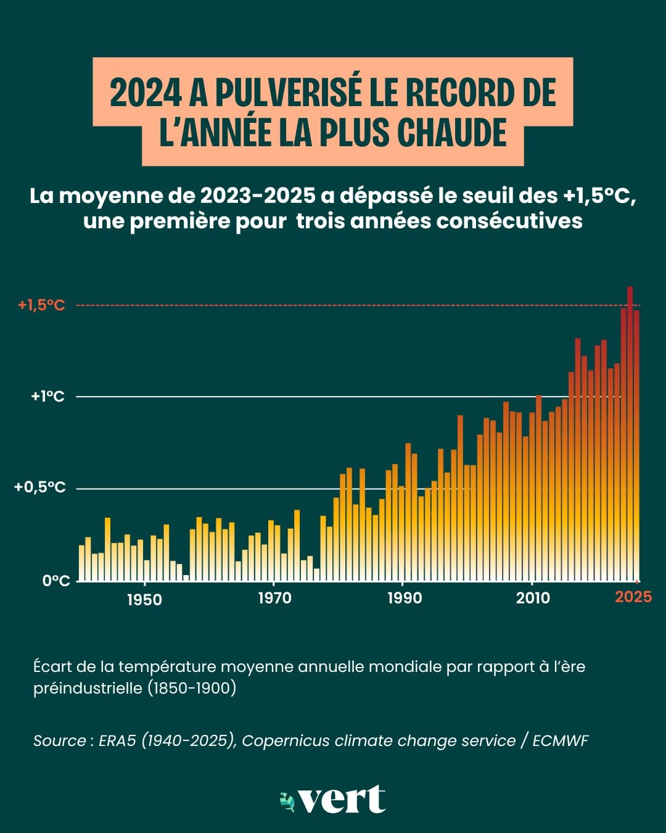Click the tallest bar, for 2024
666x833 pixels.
coord(630,434)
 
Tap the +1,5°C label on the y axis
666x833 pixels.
coord(42,305)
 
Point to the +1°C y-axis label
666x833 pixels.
coord(48,397)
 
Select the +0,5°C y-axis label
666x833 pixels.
coord(40,487)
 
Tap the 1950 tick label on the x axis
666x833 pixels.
coord(144,600)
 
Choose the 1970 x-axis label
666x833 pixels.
coord(274,599)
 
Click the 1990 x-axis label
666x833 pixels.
coord(405,599)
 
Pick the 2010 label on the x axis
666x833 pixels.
coord(533,599)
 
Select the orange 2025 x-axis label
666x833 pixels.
coord(633,597)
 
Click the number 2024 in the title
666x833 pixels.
coord(146,93)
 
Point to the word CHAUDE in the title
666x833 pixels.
coord(452,132)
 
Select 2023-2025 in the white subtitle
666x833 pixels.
coord(258,197)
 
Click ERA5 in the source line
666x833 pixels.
coord(117,740)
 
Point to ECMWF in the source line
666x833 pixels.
coord(561,740)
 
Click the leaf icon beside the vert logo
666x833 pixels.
coord(287,800)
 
